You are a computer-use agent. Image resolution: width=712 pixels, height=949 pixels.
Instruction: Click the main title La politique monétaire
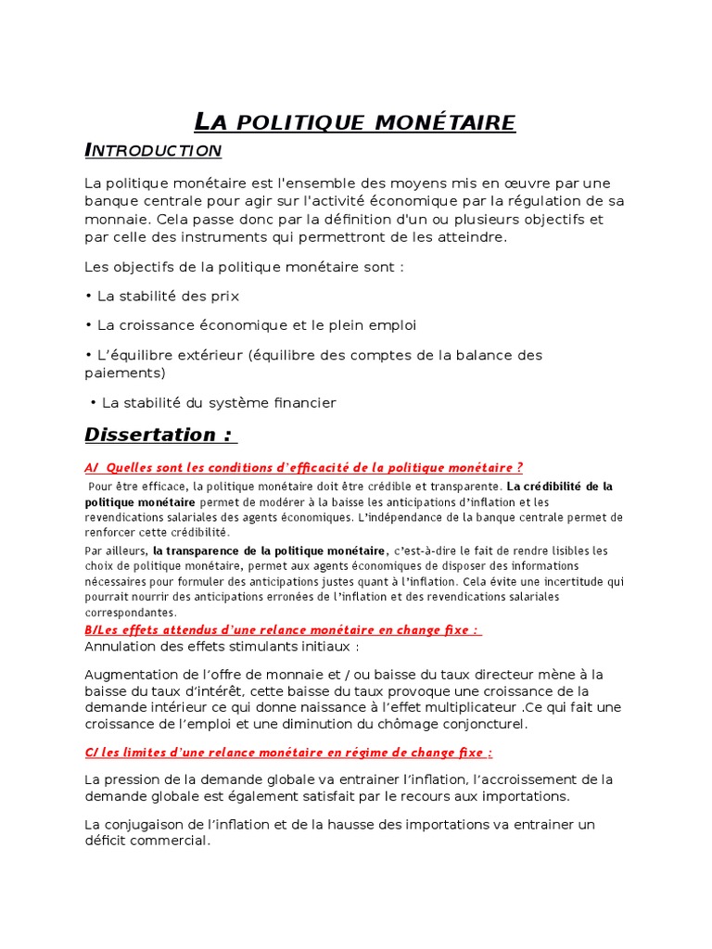[x=354, y=121]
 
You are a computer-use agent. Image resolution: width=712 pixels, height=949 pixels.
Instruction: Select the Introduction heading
[x=153, y=150]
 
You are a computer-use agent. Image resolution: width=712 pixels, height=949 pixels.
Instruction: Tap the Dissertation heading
[x=159, y=435]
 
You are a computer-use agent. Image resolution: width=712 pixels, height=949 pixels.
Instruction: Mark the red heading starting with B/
[x=283, y=629]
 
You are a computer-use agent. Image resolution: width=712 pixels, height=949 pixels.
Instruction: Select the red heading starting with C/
[x=288, y=753]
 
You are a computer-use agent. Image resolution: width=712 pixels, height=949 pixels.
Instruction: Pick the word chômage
[x=407, y=724]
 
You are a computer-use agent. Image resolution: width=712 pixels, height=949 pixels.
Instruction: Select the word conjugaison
[x=152, y=824]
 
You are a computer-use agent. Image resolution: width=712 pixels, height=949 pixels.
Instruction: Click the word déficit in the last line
[x=105, y=841]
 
